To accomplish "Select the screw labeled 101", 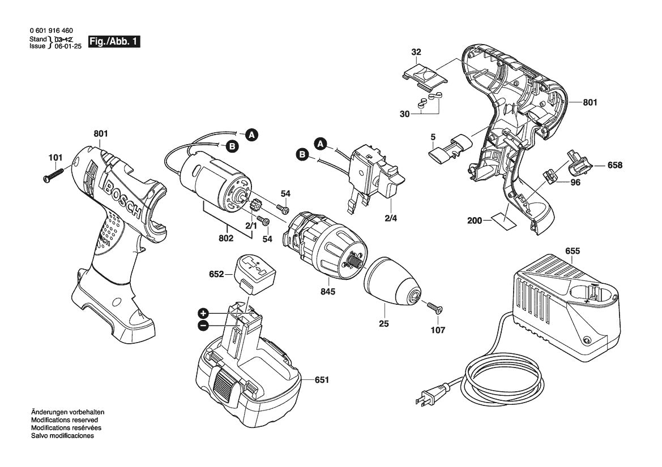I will tap(57, 172).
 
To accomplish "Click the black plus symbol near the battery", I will tap(203, 313).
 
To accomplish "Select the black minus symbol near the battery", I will tap(203, 325).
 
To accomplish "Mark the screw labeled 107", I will tap(434, 308).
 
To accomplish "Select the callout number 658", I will tap(615, 166).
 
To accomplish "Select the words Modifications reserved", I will tap(64, 421).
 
